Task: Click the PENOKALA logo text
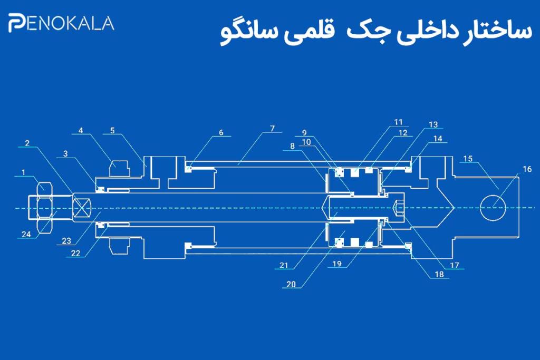(61, 24)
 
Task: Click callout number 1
(23, 172)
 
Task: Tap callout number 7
(273, 129)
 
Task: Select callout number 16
(527, 169)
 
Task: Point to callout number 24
(26, 234)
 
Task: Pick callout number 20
(291, 284)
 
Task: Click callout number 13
(433, 124)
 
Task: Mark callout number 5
(112, 130)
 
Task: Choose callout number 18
(439, 274)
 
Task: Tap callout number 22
(75, 254)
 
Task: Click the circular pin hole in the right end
(493, 207)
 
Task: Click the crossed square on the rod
(82, 208)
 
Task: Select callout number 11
(399, 122)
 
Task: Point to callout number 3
(65, 153)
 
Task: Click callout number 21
(283, 265)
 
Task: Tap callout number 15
(468, 159)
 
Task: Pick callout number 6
(221, 132)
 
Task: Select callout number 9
(304, 132)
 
